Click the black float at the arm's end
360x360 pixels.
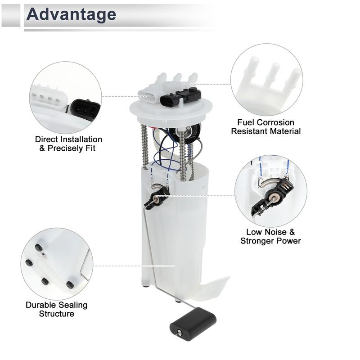coord(193,324)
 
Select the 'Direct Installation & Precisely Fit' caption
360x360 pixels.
coord(68,144)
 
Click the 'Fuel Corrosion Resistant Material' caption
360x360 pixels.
coord(265,127)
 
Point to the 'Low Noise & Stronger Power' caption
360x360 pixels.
coord(270,236)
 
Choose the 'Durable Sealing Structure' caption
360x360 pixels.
coord(56,309)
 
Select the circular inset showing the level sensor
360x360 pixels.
coord(270,191)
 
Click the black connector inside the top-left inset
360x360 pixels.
coord(85,109)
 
